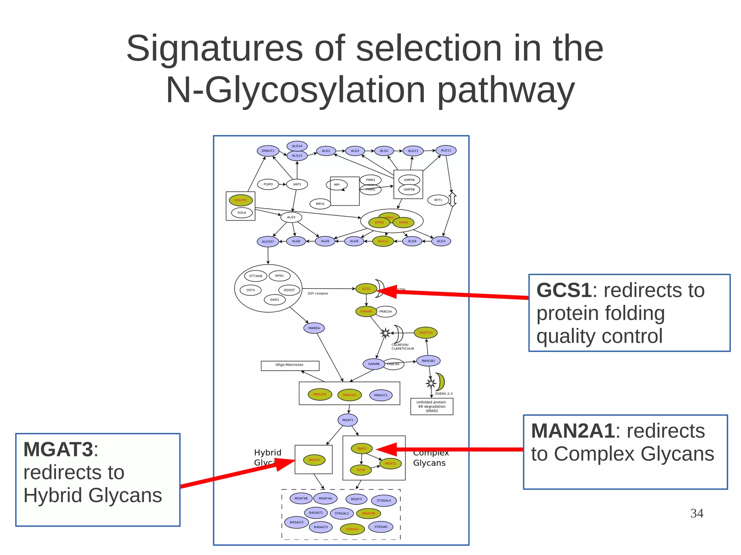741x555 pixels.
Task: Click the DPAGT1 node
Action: pyautogui.click(x=268, y=151)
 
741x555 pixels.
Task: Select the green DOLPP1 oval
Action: pyautogui.click(x=241, y=200)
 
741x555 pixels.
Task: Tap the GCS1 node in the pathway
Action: pyautogui.click(x=366, y=289)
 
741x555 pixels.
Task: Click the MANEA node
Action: pyautogui.click(x=314, y=328)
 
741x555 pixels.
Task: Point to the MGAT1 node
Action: pyautogui.click(x=348, y=420)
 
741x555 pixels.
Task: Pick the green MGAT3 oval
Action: pyautogui.click(x=314, y=460)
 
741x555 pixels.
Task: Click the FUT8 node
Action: pyautogui.click(x=361, y=470)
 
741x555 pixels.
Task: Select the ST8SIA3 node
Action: pyautogui.click(x=352, y=529)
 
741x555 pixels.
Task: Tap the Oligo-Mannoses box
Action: pyautogui.click(x=290, y=366)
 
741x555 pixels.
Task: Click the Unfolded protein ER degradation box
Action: pyautogui.click(x=432, y=406)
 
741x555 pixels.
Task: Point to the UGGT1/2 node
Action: pyautogui.click(x=425, y=333)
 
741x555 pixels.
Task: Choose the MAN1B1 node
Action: pyautogui.click(x=428, y=360)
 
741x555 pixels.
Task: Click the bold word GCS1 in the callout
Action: pyautogui.click(x=564, y=290)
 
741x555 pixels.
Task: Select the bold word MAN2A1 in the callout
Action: pyautogui.click(x=573, y=431)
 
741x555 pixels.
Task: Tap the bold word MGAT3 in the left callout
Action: pyautogui.click(x=58, y=449)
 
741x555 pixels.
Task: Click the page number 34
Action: pyautogui.click(x=696, y=513)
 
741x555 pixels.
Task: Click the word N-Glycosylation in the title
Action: pyautogui.click(x=295, y=90)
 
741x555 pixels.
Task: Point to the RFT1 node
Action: pyautogui.click(x=438, y=200)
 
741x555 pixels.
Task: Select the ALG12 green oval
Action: pyautogui.click(x=383, y=241)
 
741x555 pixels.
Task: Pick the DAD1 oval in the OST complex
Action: pyautogui.click(x=275, y=299)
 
